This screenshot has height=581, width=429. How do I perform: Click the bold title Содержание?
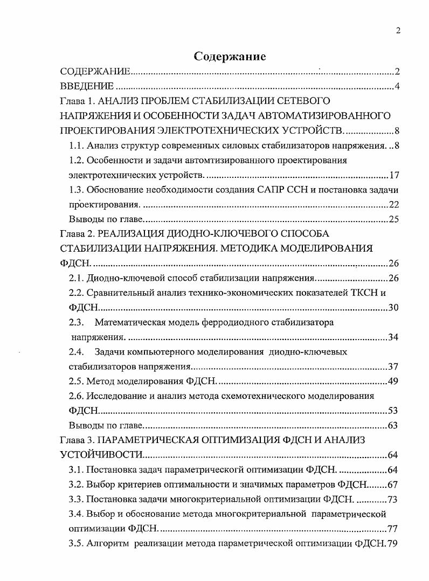(230, 57)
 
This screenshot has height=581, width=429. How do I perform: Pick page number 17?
(393, 175)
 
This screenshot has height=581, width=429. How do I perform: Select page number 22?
(393, 205)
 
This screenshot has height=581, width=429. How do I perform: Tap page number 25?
(393, 219)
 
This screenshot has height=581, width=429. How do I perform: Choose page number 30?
(393, 308)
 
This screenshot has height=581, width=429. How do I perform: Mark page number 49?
(393, 382)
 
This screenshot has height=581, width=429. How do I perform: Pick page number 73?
(393, 499)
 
